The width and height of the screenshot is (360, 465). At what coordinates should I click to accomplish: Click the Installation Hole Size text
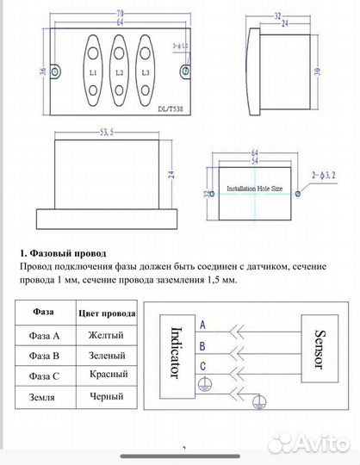click(254, 187)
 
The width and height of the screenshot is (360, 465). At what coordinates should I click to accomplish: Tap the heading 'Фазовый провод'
click(65, 254)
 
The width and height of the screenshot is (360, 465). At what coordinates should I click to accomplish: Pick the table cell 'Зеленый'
click(107, 355)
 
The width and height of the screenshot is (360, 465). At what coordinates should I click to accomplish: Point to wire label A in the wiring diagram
click(202, 326)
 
